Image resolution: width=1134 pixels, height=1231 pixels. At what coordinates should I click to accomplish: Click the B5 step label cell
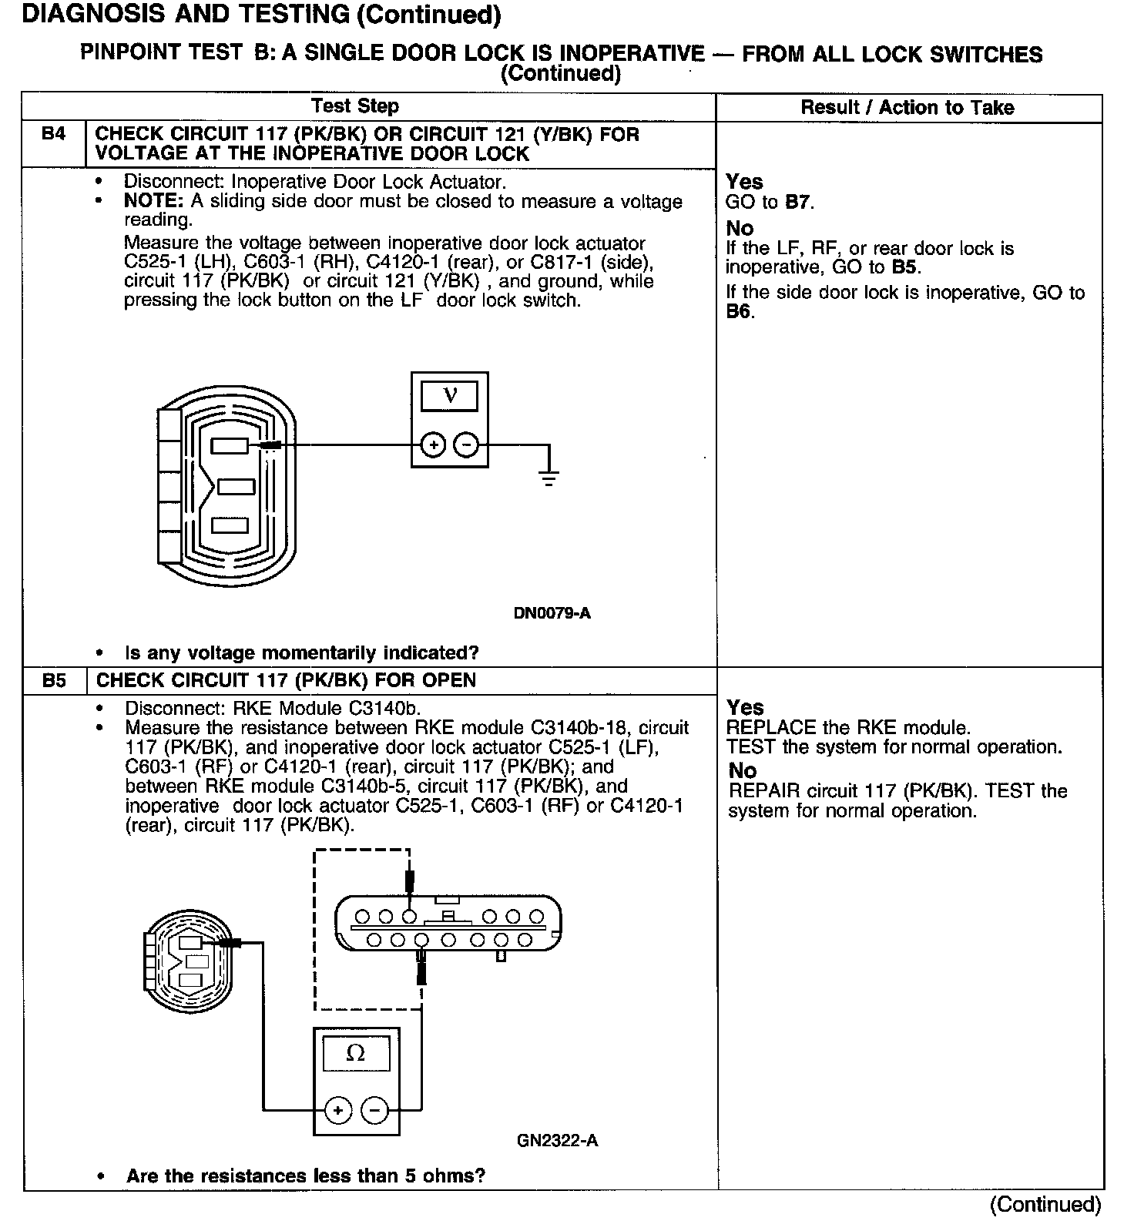coord(54,681)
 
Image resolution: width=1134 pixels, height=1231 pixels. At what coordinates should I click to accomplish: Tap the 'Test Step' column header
coord(355,106)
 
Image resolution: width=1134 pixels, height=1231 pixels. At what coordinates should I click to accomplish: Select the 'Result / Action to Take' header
coord(908,108)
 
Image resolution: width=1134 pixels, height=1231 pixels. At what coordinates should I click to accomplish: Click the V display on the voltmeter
coord(450,396)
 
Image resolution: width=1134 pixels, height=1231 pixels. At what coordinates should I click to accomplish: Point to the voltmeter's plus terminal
coord(434,445)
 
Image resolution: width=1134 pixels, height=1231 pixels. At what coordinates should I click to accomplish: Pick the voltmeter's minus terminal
coord(466,445)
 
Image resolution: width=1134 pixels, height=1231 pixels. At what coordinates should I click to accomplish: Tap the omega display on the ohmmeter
coord(356,1053)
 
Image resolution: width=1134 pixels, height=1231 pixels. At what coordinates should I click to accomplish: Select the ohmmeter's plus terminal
coord(338,1110)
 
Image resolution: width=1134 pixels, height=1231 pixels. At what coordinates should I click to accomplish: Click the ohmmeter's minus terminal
coord(374,1110)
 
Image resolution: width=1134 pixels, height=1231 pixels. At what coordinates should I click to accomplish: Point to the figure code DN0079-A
coord(552,614)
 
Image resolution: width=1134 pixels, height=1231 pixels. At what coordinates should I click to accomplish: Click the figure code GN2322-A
coord(557,1141)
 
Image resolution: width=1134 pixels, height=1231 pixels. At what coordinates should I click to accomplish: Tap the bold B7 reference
coord(798,203)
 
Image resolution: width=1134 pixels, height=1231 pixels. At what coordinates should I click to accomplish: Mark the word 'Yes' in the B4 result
coord(744,182)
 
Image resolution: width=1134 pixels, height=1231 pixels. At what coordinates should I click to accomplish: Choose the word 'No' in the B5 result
coord(742,770)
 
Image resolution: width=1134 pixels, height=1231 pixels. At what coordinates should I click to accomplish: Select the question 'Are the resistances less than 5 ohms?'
coord(306,1176)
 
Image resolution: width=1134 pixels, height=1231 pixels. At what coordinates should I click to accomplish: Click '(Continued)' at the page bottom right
coord(1045,1204)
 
